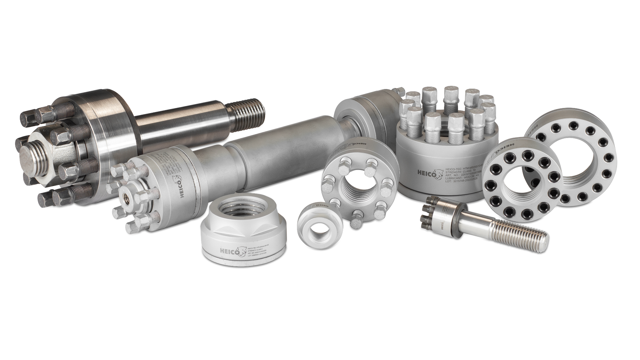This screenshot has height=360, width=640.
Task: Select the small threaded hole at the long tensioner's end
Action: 128,198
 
